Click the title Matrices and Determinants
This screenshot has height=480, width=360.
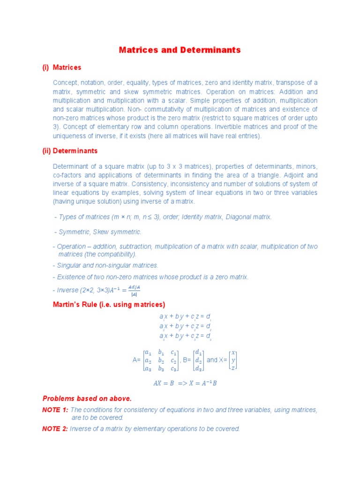click(180, 50)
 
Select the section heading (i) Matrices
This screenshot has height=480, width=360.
click(62, 67)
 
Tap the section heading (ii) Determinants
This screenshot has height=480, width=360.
click(70, 151)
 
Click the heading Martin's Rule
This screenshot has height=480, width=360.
click(109, 304)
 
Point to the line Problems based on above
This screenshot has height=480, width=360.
click(87, 398)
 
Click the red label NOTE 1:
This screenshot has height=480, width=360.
click(55, 410)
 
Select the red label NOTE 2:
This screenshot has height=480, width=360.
click(55, 428)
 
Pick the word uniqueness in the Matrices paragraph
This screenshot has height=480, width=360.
click(70, 136)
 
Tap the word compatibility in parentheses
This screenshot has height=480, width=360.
click(115, 254)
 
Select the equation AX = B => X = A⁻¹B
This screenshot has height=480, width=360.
click(185, 383)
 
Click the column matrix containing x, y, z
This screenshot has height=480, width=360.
click(232, 360)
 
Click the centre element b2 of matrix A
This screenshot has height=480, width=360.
click(161, 360)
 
